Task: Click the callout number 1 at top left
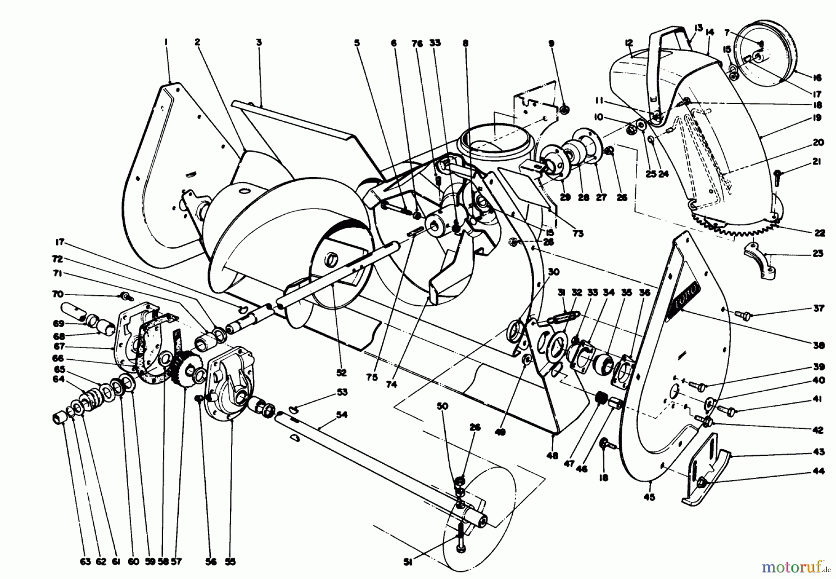166,42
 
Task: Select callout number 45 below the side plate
649,497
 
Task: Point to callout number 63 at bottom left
85,562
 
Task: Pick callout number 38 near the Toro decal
818,345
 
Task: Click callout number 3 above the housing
259,42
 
